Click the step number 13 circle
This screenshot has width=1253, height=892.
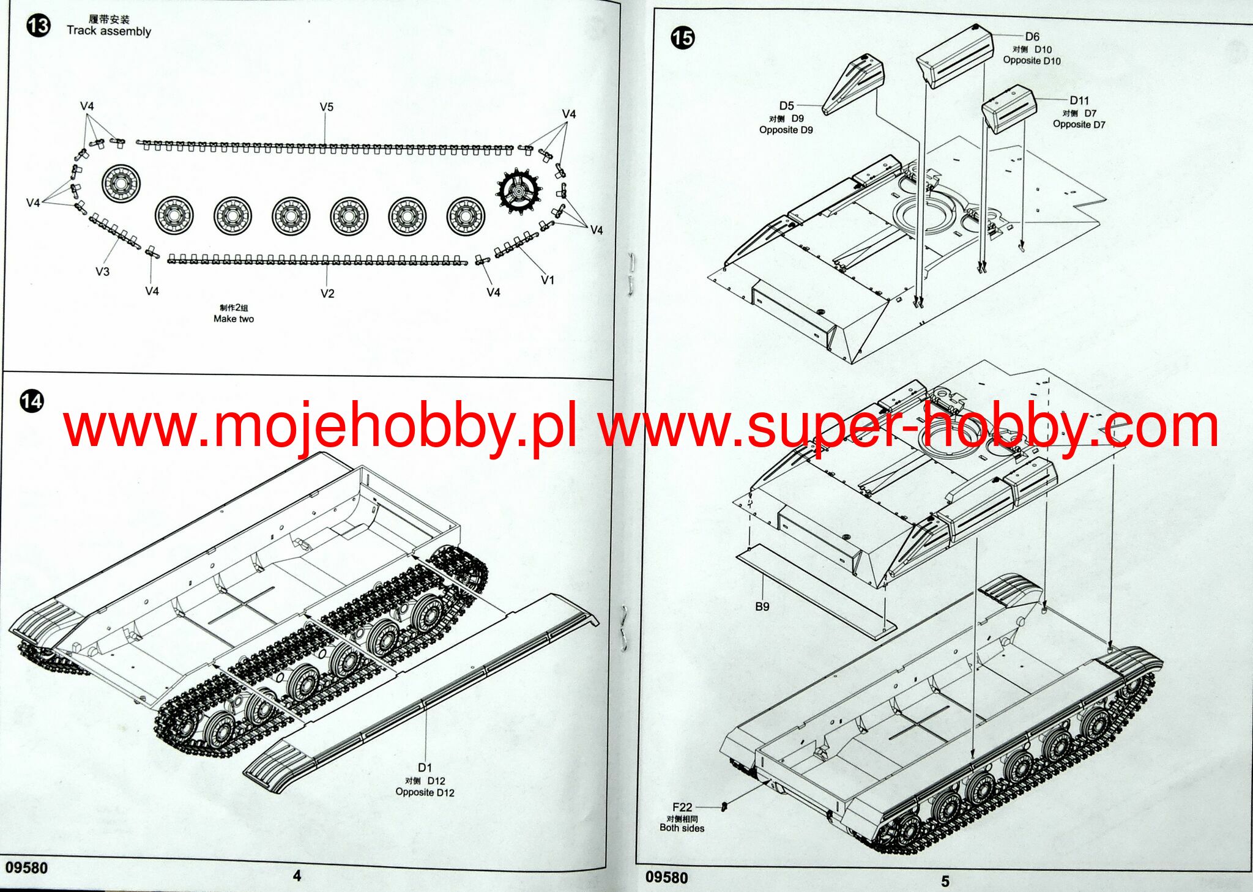38,26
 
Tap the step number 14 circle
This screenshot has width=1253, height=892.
32,401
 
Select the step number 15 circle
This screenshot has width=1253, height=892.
682,38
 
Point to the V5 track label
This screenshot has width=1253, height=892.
327,107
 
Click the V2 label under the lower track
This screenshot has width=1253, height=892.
327,294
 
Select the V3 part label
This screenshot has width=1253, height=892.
102,272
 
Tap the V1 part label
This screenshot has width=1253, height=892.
548,280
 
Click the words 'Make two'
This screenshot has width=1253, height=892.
233,319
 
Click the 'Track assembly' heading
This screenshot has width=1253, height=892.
109,31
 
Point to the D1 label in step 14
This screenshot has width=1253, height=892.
425,768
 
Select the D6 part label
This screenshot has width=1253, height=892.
1032,37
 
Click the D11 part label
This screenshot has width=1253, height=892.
1079,101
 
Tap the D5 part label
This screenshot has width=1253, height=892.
786,106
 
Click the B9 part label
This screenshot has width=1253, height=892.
762,606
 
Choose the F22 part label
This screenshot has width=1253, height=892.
682,807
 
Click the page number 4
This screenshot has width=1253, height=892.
297,876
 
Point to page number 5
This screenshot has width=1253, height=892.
945,881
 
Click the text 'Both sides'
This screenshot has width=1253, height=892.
682,828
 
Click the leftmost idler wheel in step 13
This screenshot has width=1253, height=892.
121,183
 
